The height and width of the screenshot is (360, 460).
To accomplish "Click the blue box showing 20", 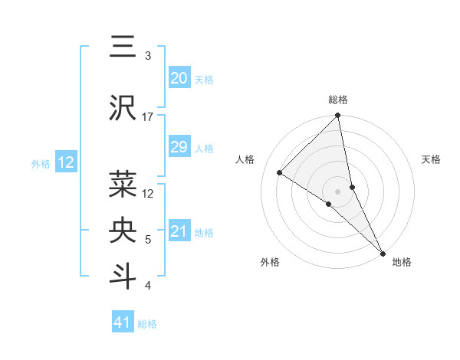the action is point(179,78).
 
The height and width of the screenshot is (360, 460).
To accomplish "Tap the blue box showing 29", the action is point(179,147).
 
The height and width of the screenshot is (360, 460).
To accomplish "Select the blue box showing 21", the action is point(179,231).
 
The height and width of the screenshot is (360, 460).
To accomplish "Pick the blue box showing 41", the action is point(123,322).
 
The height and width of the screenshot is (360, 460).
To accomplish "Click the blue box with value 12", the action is point(65,162).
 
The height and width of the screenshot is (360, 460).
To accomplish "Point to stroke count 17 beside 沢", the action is point(148,117).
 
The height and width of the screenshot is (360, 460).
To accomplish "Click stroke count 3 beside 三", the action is point(148,56).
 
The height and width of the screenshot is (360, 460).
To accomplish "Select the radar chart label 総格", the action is point(338,100).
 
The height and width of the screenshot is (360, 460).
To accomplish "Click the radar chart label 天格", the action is point(432,159).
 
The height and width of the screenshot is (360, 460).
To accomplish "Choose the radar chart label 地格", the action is point(402,262).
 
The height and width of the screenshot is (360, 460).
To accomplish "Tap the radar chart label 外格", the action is point(270,262).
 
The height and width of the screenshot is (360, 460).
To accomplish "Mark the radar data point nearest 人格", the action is point(280,172).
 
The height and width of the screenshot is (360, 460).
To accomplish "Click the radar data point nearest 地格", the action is point(382,252).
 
